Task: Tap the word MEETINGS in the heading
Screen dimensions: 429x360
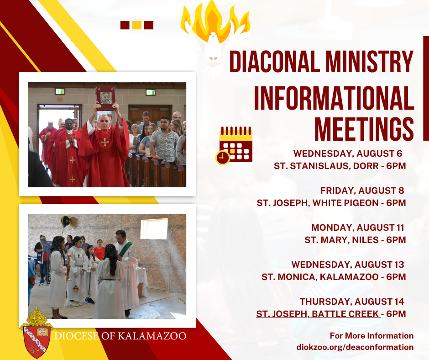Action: pos(364,129)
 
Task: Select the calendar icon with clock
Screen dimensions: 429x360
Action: pos(234,145)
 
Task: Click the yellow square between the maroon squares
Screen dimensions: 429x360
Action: pos(137,25)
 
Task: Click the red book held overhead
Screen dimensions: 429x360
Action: pos(105,98)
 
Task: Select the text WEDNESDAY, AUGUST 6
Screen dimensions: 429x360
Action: pos(348,154)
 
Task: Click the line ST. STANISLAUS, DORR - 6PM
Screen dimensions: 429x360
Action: pos(340,166)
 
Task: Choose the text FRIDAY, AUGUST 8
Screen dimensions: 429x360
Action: pos(362,191)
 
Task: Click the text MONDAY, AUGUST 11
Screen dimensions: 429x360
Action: pos(358,228)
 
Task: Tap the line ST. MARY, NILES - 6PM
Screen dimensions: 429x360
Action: pos(355,240)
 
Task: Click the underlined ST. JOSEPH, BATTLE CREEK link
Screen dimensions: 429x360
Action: pos(318,314)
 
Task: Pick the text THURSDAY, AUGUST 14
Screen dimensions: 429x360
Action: pos(352,302)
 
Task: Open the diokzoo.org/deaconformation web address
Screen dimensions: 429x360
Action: pos(355,347)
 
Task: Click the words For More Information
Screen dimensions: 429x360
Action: pos(371,336)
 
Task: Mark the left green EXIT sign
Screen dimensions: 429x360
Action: pos(60,91)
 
